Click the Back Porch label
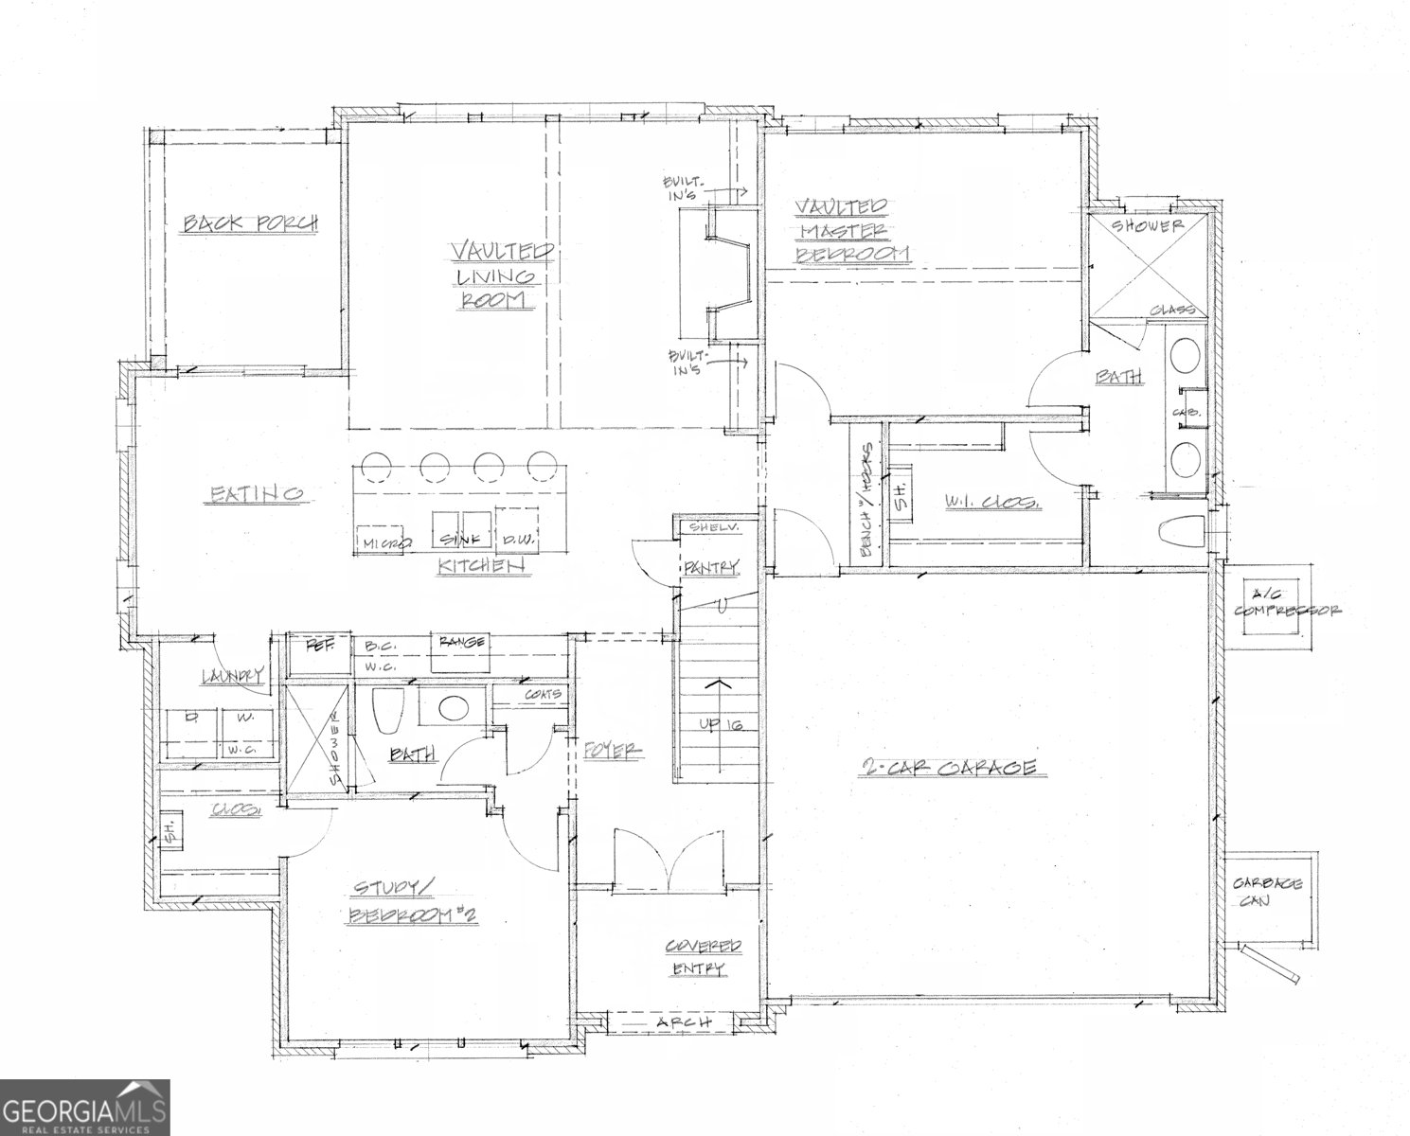(x=250, y=223)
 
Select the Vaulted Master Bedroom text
(x=850, y=230)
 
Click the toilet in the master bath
(x=1180, y=534)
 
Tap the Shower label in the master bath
(x=1147, y=227)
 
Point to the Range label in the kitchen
(x=461, y=643)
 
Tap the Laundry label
(x=230, y=676)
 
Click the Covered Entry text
(x=701, y=957)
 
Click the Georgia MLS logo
(x=85, y=1108)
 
